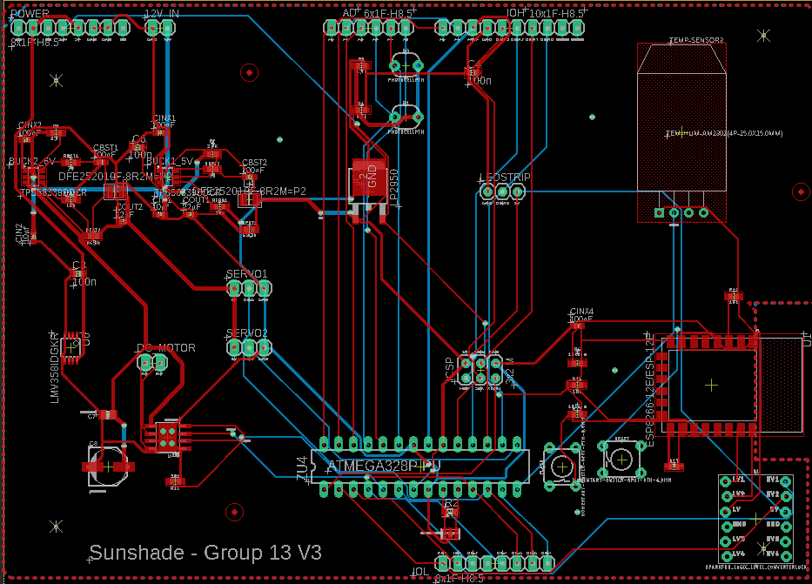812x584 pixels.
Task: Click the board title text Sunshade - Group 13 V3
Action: pos(206,553)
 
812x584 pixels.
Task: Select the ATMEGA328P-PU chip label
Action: pos(382,467)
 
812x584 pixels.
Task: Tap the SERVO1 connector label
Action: pos(246,274)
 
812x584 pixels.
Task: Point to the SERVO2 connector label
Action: pos(246,333)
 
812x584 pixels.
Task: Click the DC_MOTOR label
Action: pos(165,348)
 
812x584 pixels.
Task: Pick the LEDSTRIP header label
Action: pos(504,178)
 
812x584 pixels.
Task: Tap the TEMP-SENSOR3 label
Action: pos(695,41)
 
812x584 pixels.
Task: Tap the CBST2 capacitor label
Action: pos(254,163)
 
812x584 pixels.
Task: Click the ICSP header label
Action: pos(450,367)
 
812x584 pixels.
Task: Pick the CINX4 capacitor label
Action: pos(580,312)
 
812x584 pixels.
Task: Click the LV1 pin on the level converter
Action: pos(737,480)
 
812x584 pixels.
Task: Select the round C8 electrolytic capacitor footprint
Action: pos(107,466)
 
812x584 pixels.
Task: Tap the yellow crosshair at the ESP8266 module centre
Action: pos(712,383)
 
